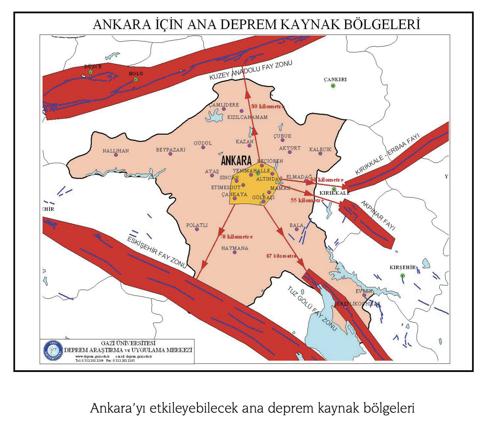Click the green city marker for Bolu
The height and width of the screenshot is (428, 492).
[x=136, y=79]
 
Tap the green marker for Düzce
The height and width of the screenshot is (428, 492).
[x=91, y=72]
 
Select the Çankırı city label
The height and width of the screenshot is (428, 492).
[x=335, y=79]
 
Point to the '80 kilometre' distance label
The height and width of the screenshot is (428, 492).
[x=267, y=106]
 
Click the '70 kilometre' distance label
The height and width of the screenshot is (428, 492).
[x=236, y=237]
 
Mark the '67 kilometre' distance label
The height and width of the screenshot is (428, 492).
[x=282, y=256]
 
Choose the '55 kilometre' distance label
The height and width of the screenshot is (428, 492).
[x=307, y=200]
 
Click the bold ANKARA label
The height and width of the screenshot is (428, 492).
[x=236, y=160]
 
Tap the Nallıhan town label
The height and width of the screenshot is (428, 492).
[x=116, y=151]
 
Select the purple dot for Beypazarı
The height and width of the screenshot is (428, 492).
[x=170, y=154]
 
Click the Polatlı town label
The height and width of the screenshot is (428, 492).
[x=197, y=225]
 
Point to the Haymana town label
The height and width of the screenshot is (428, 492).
[x=235, y=248]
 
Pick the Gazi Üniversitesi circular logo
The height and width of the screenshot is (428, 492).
[x=53, y=351]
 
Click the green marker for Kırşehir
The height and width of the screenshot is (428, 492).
[x=402, y=276]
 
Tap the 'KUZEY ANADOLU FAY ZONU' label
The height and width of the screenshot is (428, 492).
[x=251, y=71]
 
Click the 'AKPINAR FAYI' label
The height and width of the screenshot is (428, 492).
[x=378, y=215]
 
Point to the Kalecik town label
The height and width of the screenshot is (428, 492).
[x=320, y=150]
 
